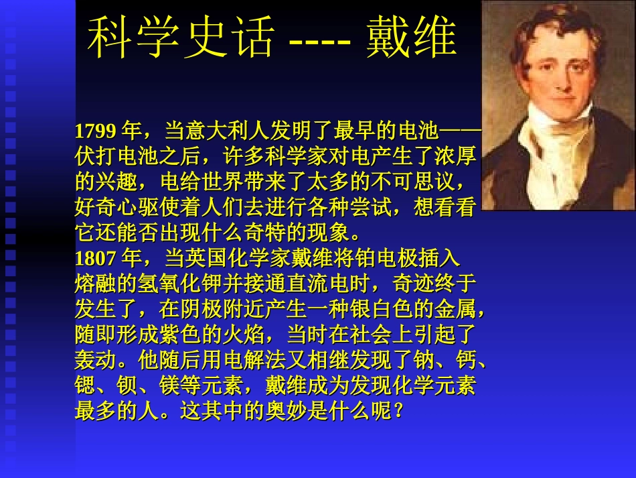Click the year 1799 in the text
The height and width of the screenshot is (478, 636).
click(96, 130)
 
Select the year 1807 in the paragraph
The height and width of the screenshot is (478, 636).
click(96, 258)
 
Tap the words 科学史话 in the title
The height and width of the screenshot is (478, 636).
click(181, 36)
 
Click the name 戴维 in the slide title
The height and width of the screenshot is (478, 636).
click(412, 36)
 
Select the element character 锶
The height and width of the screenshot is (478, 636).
click(84, 387)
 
